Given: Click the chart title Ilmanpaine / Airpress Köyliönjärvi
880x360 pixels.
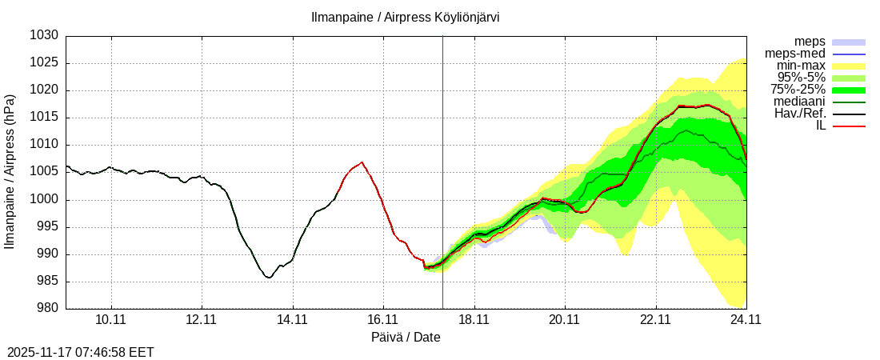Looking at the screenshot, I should click(x=406, y=17).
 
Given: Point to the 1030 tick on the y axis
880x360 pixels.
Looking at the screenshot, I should click(x=45, y=36).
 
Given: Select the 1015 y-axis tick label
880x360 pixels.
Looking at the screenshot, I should click(x=45, y=118).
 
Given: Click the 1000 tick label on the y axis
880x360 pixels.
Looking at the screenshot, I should click(x=45, y=200).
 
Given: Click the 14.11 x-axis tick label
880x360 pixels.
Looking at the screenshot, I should click(x=293, y=320).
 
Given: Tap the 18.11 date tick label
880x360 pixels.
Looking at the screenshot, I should click(x=474, y=320).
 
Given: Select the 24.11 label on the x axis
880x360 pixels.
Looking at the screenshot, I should click(x=746, y=320).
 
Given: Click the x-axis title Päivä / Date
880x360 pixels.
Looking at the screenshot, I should click(x=406, y=338).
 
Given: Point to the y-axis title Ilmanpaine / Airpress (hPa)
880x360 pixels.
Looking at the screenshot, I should click(x=10, y=172).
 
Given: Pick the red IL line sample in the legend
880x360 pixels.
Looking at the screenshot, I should click(x=849, y=126).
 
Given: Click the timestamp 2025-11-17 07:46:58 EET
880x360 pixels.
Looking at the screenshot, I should click(x=81, y=352).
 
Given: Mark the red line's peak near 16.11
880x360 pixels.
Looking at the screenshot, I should click(x=362, y=162).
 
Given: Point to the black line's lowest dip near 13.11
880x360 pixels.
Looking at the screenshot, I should click(x=269, y=278).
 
